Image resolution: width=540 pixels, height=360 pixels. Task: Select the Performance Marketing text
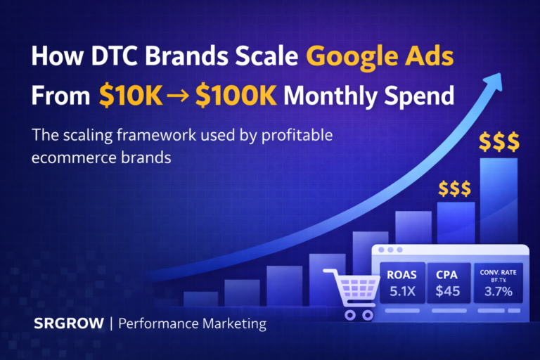192,324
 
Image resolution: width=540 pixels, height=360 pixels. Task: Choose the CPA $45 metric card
447,283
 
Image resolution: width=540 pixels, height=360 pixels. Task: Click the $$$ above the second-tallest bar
455,188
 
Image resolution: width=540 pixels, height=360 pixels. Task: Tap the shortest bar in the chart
200,298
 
